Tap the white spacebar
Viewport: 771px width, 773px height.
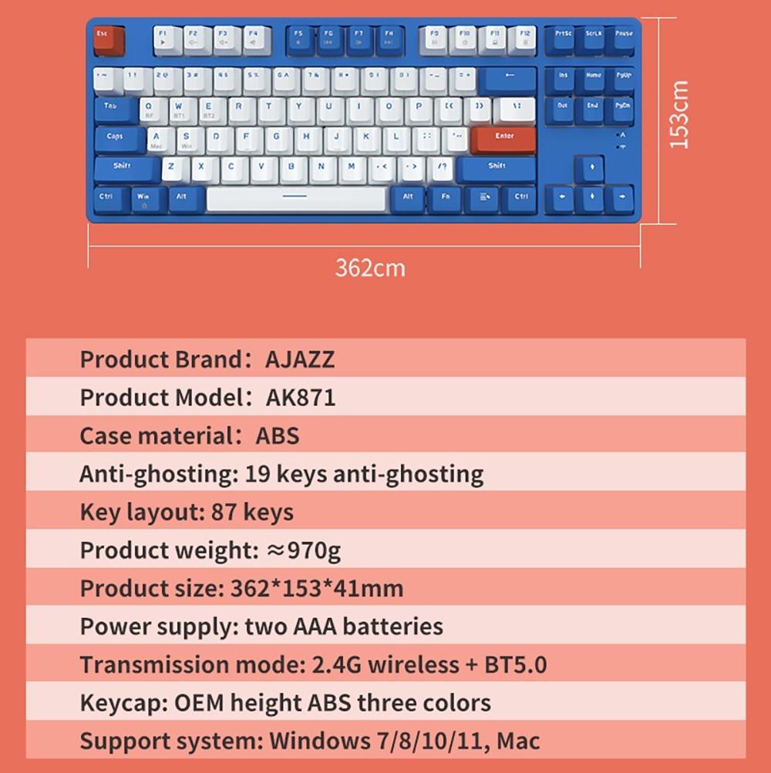pyautogui.click(x=296, y=198)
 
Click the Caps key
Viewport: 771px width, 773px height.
pyautogui.click(x=117, y=139)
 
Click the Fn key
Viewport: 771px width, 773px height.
pyautogui.click(x=445, y=199)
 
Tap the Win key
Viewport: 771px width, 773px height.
pyautogui.click(x=144, y=199)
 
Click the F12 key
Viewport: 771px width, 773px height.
pyautogui.click(x=524, y=39)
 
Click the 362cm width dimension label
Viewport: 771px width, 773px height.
pyautogui.click(x=369, y=267)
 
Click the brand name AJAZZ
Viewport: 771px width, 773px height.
pyautogui.click(x=300, y=359)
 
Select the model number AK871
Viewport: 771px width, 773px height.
pyautogui.click(x=301, y=398)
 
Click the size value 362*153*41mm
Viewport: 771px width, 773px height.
pyautogui.click(x=317, y=589)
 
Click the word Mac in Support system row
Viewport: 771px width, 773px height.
pyautogui.click(x=518, y=741)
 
